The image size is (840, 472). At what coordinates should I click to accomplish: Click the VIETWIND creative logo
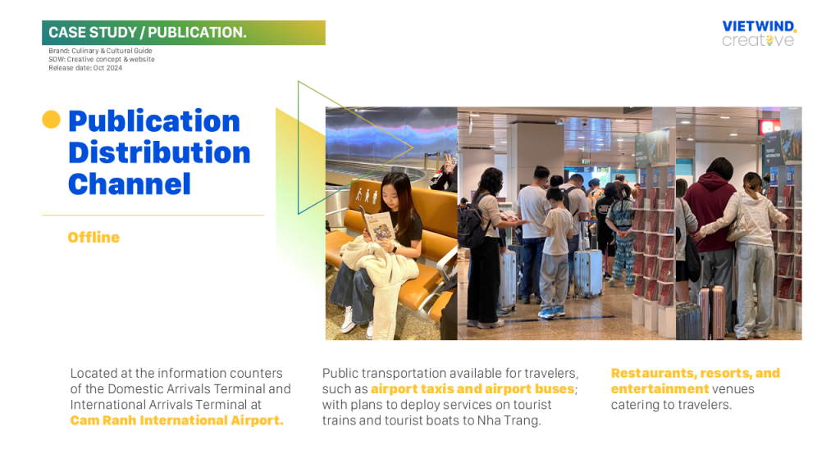click(x=759, y=34)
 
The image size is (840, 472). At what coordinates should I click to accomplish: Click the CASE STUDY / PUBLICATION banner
click(x=183, y=33)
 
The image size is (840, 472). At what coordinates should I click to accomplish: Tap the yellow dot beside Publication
click(x=52, y=120)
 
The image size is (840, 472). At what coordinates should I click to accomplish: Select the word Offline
click(x=94, y=238)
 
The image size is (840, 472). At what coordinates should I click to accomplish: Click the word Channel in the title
click(x=129, y=184)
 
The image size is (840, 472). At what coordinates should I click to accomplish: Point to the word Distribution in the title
click(x=159, y=152)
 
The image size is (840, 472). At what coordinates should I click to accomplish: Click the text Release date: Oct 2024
click(x=85, y=68)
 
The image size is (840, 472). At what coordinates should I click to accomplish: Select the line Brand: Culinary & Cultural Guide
click(x=100, y=51)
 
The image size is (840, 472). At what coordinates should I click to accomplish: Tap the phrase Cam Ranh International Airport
click(x=177, y=420)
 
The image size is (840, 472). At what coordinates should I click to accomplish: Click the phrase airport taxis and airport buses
click(x=472, y=389)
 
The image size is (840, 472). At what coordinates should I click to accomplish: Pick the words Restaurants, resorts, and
click(x=696, y=374)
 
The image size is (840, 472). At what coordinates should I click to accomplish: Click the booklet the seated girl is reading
click(x=379, y=225)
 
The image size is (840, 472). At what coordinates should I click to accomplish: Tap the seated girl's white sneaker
click(x=348, y=320)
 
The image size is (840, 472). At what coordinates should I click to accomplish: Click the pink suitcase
click(x=711, y=313)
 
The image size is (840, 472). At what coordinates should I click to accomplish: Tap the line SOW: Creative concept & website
click(x=101, y=59)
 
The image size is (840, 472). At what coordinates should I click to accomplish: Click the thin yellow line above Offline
click(x=153, y=216)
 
